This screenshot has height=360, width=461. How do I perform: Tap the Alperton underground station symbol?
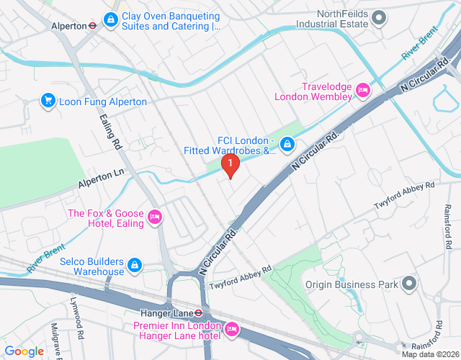pos(93,26)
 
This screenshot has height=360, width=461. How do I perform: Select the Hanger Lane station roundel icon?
pos(206,314)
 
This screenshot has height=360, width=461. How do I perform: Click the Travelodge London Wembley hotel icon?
pos(363,91)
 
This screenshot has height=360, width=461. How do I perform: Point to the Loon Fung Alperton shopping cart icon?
pos(48,101)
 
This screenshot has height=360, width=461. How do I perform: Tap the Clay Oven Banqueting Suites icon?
pos(111,19)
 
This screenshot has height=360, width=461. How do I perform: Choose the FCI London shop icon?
pos(287,145)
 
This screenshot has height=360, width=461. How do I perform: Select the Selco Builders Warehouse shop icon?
pos(135,266)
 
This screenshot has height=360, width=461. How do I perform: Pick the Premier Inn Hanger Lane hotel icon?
pos(232,329)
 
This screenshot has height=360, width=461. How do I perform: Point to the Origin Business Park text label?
pos(351,285)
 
